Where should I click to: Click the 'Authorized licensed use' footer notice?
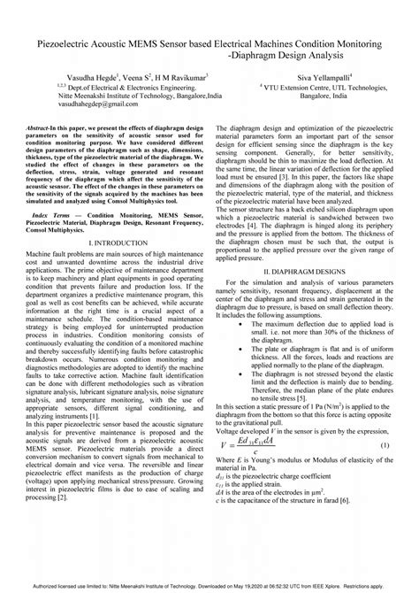pos(209,586)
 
